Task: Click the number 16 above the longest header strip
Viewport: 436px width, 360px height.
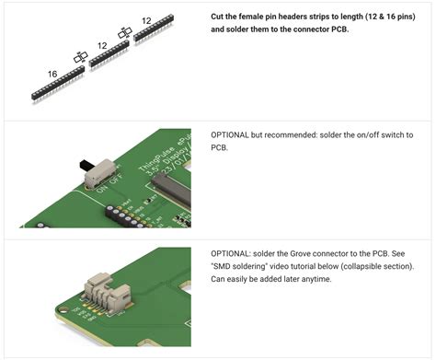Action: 52,74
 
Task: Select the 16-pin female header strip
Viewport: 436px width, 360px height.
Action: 58,83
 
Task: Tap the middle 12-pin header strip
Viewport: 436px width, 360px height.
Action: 109,53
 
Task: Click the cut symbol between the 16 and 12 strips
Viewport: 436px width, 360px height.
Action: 81,57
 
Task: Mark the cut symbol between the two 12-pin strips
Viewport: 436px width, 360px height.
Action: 125,32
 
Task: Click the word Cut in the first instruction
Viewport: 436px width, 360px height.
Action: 217,17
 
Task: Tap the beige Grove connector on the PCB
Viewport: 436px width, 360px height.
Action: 108,294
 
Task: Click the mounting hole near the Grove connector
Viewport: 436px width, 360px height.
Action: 63,309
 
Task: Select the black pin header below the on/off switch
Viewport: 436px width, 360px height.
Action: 126,216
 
